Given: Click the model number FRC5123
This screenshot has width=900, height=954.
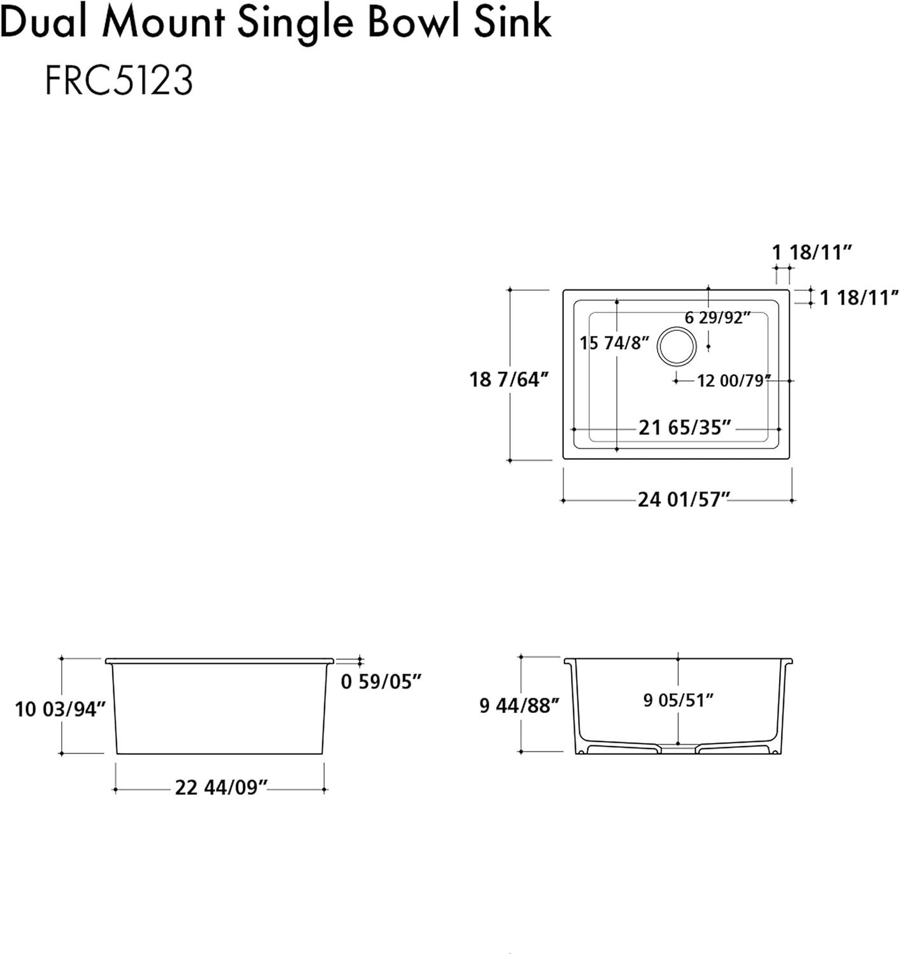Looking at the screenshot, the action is pos(119,80).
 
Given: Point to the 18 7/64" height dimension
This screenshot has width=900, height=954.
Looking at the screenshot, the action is pos(509,380).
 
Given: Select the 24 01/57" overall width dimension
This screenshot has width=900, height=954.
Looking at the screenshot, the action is pos(684,499).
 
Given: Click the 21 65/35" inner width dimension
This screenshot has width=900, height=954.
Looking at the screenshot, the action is pos(685,427).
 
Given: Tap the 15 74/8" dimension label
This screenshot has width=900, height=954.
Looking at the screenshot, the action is pos(614,343).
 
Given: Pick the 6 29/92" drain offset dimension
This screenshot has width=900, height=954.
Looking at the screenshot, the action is pos(717,317).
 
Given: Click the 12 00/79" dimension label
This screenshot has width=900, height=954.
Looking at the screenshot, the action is pos(734,381).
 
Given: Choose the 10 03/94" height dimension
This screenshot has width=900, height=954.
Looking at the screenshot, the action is pos(60,709).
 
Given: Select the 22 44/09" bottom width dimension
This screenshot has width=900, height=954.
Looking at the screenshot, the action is pos(221,787).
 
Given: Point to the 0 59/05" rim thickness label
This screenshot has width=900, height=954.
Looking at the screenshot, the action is pos(381,681).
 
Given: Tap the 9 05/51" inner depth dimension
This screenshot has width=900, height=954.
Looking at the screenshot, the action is pos(678,700).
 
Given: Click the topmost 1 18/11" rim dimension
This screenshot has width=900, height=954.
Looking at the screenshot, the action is pos(812,252).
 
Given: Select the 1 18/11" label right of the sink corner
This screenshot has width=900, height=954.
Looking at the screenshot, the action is pos(859,298).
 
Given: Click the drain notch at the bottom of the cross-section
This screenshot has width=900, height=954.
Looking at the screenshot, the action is pos(678,747).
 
